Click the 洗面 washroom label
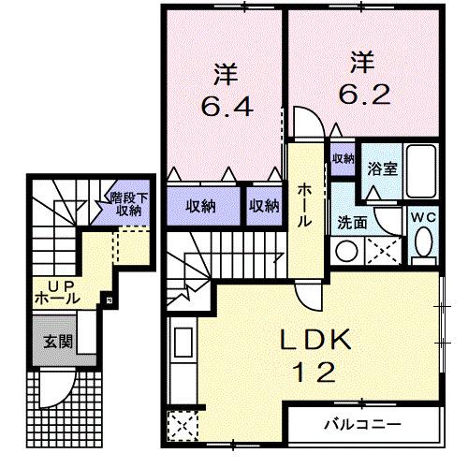tap(352, 224)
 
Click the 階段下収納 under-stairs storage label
tap(124, 203)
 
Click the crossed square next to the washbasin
tap(385, 250)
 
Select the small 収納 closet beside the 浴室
tap(343, 159)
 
